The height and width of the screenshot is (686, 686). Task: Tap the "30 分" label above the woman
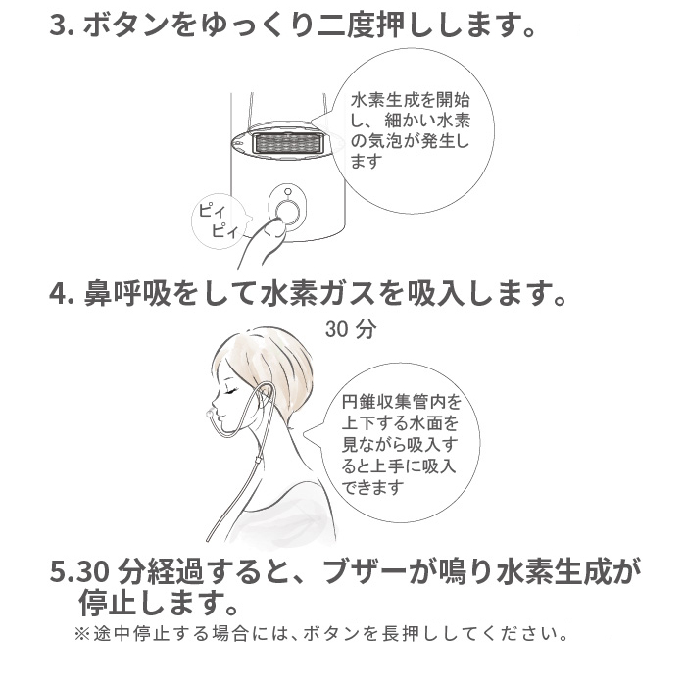(x=350, y=330)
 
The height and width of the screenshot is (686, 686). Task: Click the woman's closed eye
(x=231, y=389)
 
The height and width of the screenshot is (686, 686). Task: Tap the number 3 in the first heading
(x=56, y=26)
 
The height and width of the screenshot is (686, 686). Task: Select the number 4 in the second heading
(x=56, y=293)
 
